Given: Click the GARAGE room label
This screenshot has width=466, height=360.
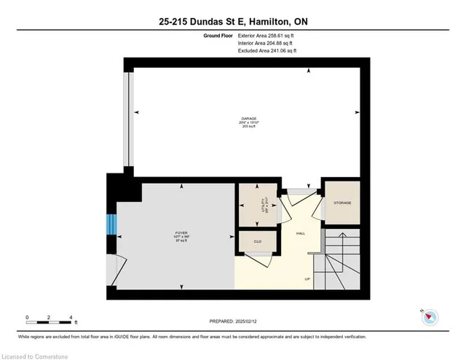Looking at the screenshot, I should (x=249, y=119).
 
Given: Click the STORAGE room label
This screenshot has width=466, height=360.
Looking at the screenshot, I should (x=342, y=203).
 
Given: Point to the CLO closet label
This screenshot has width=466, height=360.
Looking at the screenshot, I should (x=257, y=241).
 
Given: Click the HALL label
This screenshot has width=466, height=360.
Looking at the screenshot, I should (x=299, y=234).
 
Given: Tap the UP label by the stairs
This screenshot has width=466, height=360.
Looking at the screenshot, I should (x=307, y=279).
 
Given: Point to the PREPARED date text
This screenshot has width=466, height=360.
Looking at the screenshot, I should (x=232, y=321).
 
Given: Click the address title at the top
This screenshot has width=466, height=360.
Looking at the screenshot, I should (x=233, y=22).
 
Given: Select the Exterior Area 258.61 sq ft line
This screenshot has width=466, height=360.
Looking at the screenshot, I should (x=267, y=35).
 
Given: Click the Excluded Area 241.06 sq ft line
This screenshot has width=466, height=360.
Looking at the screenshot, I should (x=267, y=51).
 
